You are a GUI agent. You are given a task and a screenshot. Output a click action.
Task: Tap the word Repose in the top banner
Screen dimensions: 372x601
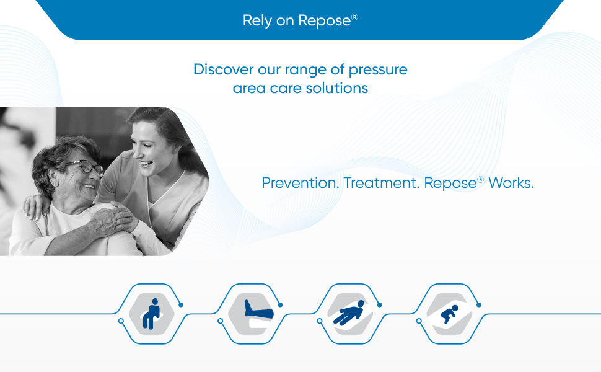pos(324,20)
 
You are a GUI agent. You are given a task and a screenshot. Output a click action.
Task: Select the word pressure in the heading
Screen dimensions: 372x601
pos(378,69)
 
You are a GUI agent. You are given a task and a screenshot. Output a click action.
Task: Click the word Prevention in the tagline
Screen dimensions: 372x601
pos(300,184)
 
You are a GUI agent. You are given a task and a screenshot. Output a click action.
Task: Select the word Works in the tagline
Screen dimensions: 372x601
pos(511,184)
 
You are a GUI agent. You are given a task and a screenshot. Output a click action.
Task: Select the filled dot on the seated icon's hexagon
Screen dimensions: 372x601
pos(181,304)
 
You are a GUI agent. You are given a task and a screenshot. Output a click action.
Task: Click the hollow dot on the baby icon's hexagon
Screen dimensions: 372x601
pos(419,321)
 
